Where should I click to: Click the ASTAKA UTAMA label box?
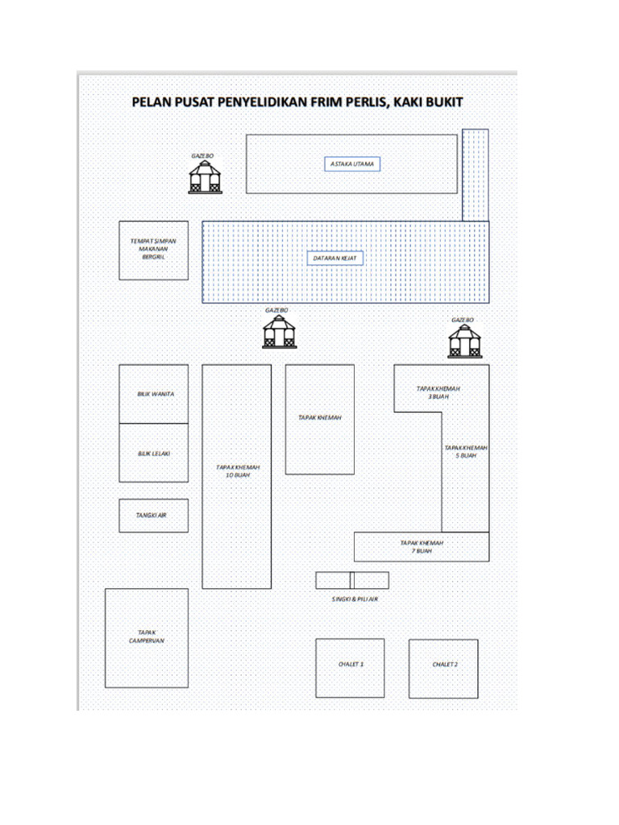[x=352, y=164]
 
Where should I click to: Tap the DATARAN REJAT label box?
[x=335, y=258]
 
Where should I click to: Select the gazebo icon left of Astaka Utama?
[x=205, y=176]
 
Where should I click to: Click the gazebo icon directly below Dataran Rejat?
[x=279, y=331]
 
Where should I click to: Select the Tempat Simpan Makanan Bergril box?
[x=153, y=251]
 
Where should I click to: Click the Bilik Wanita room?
[x=154, y=394]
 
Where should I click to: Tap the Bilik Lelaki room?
[x=154, y=453]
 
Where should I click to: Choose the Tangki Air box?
[x=153, y=516]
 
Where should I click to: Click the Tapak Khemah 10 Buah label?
[x=237, y=471]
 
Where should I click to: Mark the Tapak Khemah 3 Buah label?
[x=438, y=392]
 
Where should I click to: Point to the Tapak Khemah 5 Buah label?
[x=466, y=451]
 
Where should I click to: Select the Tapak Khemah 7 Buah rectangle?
[x=422, y=547]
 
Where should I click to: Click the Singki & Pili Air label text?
[x=355, y=599]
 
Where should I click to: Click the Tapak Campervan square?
[x=147, y=637]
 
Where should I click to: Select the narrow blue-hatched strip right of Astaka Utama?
[x=475, y=174]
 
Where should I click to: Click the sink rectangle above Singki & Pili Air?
[x=352, y=580]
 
